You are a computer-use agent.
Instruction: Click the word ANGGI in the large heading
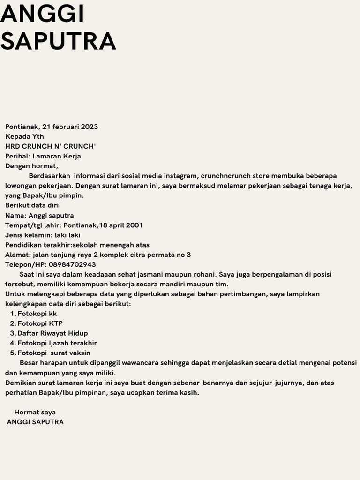42,14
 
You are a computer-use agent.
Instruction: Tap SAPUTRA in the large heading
58,41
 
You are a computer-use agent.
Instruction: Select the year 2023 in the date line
90,127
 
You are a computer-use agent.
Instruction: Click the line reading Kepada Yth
24,136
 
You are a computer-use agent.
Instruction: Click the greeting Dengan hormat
31,166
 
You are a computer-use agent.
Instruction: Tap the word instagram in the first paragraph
180,176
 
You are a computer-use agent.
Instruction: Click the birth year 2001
134,225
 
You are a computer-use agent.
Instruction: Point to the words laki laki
67,235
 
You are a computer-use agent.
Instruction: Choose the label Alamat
17,255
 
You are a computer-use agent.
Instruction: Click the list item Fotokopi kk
37,314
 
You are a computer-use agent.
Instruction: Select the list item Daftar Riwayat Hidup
52,333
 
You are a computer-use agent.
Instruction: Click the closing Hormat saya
35,412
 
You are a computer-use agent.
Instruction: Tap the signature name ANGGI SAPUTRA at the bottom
35,422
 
